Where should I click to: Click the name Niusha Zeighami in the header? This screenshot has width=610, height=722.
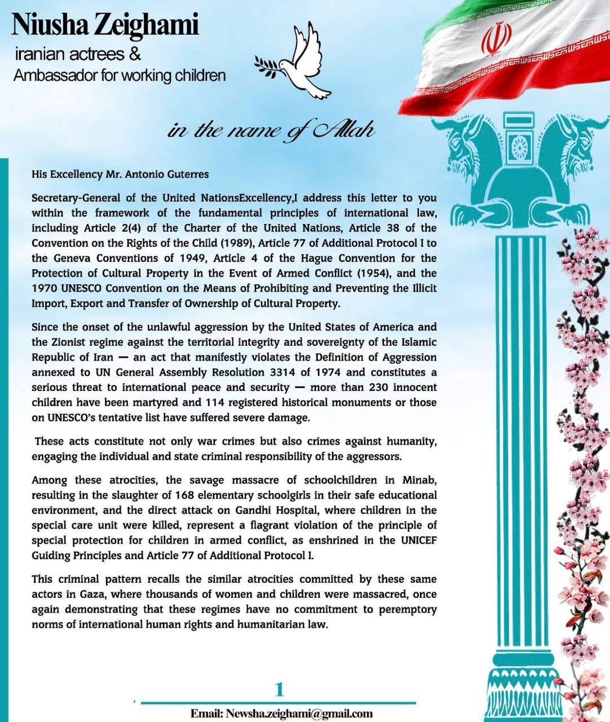105,25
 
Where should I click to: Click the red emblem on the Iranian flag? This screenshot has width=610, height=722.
497,39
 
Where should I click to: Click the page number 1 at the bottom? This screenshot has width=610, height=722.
279,689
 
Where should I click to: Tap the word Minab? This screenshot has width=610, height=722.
419,480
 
